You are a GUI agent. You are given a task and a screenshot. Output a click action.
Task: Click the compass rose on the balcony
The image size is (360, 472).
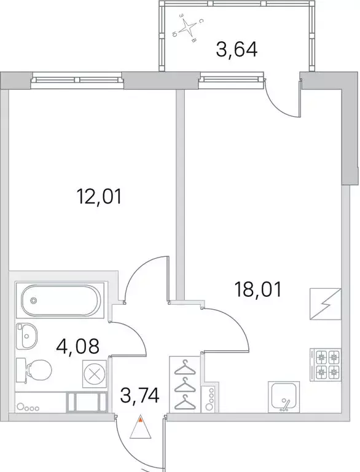point(188,28)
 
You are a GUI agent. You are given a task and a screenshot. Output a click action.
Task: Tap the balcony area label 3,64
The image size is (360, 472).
point(237,49)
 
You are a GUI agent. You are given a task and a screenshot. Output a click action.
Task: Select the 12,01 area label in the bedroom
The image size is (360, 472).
point(100,197)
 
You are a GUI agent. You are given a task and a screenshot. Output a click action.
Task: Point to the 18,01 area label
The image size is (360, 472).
point(257,289)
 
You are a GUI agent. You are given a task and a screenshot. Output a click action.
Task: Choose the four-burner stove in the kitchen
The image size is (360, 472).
point(327,363)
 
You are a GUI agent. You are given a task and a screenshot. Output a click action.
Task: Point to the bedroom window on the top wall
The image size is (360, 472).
point(77,79)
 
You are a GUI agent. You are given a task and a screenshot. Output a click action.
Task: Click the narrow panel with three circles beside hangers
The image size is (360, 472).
point(212,398)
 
